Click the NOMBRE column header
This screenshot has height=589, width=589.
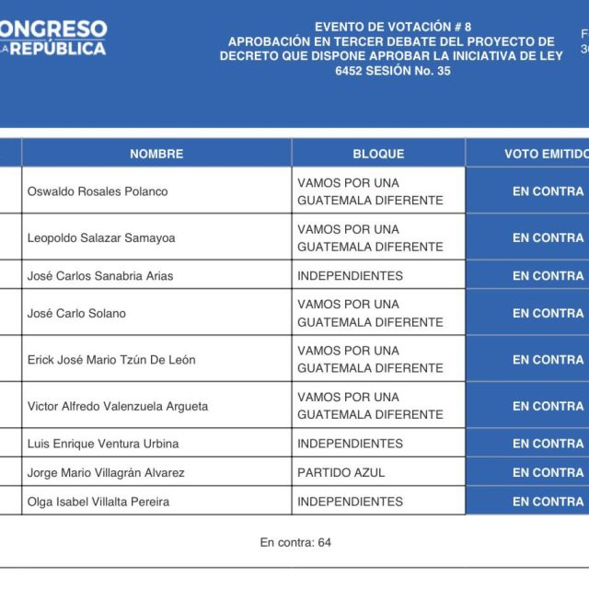coord(156,154)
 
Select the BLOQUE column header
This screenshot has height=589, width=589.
coord(378,154)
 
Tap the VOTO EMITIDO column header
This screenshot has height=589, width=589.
coord(546,154)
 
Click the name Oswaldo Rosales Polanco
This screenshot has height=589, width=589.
coord(98,191)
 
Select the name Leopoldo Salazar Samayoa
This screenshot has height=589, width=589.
coord(101,237)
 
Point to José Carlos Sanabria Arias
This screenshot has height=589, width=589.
coord(100,275)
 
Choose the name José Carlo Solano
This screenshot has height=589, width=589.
coord(76,313)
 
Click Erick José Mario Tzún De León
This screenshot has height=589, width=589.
coord(111,359)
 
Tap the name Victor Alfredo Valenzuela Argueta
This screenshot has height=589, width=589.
coord(118,406)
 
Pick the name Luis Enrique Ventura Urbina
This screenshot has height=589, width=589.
coord(103,444)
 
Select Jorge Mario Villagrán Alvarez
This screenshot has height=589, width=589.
coord(106,472)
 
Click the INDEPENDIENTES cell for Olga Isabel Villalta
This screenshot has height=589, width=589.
coord(350,502)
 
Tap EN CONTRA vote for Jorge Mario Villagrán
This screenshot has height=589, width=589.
coord(548,472)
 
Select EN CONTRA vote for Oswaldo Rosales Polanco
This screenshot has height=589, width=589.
coord(548,191)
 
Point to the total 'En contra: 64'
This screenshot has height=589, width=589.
coord(295,542)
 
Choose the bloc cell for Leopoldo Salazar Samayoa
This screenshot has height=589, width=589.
coord(370,237)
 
